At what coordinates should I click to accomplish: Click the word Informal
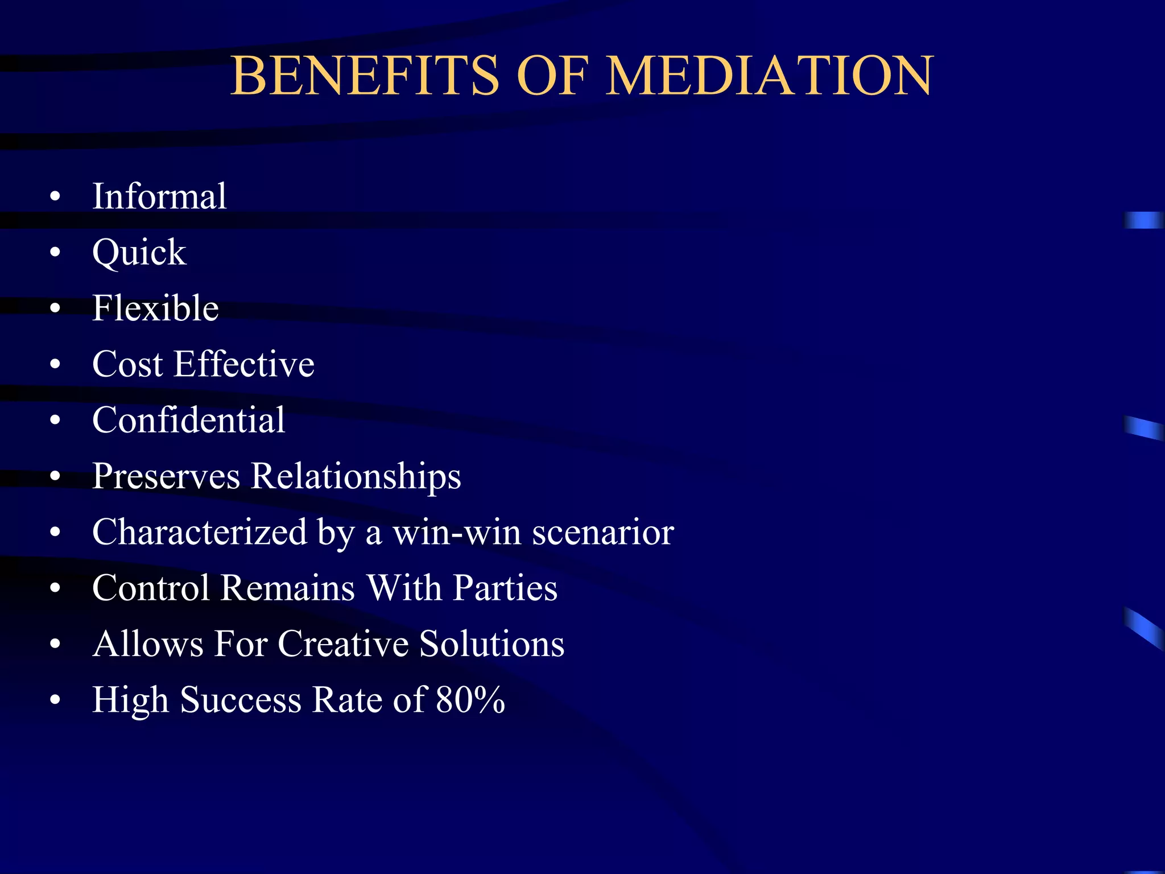[x=159, y=196]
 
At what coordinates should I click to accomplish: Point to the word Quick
[x=139, y=252]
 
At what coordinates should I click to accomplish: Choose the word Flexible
[x=155, y=308]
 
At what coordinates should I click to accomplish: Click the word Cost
[x=127, y=364]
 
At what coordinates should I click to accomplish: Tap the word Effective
[x=244, y=364]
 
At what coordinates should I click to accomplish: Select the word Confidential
[x=188, y=420]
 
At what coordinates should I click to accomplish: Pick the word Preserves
[x=166, y=476]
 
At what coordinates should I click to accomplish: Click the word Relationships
[x=356, y=476]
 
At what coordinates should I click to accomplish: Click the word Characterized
[x=200, y=532]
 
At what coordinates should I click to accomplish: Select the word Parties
[x=505, y=587]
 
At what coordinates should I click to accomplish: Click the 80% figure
[x=470, y=699]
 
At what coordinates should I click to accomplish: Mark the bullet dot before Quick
[x=55, y=252]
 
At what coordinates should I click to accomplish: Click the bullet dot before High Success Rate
[x=55, y=699]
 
